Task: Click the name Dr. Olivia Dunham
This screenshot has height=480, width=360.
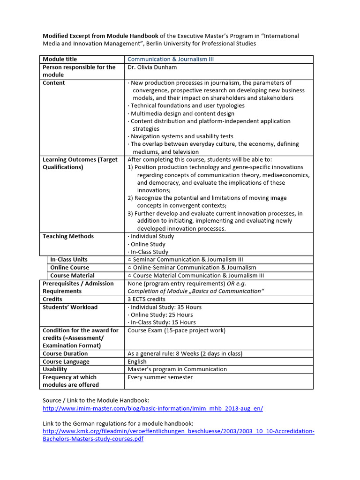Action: [x=151, y=67]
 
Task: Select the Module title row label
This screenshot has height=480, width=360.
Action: [x=60, y=59]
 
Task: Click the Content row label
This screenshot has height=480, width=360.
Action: [x=54, y=83]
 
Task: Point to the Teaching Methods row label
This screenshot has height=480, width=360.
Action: [x=68, y=236]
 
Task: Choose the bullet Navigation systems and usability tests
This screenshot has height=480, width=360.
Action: [x=182, y=136]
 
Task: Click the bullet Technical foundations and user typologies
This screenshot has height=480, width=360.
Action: [x=187, y=106]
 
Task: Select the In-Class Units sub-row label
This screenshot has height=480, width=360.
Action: [x=69, y=260]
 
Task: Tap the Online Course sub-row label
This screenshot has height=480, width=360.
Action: [x=69, y=268]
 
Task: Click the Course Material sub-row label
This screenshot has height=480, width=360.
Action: [x=72, y=276]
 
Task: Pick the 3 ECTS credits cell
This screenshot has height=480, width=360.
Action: [x=146, y=299]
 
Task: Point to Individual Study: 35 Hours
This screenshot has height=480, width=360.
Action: [x=166, y=307]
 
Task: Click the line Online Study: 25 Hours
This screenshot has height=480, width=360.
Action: [x=162, y=315]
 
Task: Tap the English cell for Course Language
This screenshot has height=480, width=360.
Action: [x=137, y=361]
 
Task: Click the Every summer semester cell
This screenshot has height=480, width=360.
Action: [x=154, y=377]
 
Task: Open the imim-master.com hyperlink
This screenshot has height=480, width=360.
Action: [x=153, y=408]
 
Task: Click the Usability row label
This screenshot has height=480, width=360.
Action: [x=55, y=369]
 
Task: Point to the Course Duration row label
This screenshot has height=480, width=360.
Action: [x=65, y=353]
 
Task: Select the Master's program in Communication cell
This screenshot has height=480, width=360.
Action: [x=177, y=369]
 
